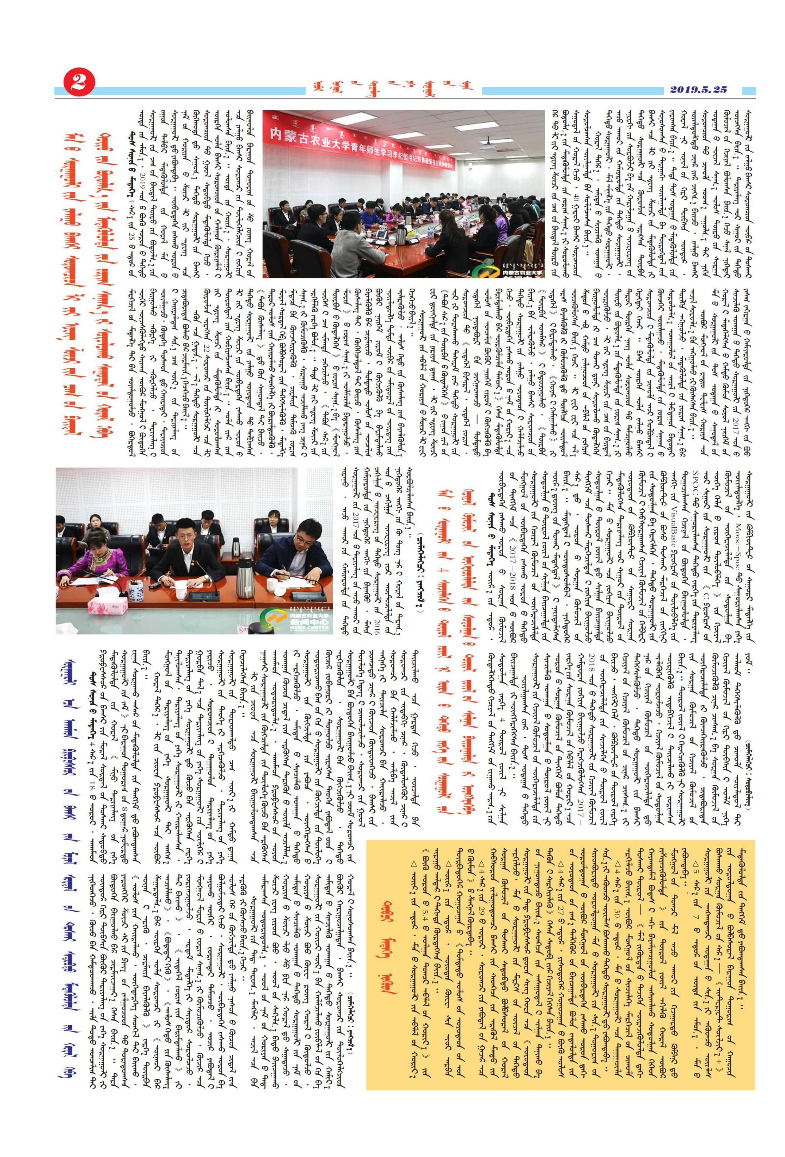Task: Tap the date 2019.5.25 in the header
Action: (698, 90)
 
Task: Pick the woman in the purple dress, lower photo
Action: (90, 558)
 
